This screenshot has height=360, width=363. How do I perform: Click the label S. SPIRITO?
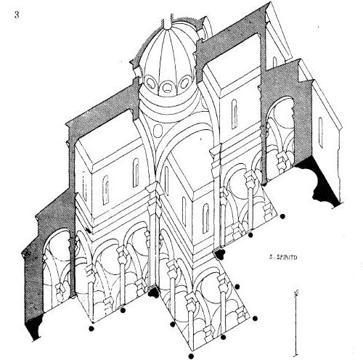(283, 258)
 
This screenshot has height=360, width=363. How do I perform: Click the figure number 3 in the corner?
(17, 15)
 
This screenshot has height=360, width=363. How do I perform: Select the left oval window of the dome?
(152, 83)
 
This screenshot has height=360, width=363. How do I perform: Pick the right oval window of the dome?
(184, 82)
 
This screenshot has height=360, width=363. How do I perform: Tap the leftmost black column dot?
(91, 328)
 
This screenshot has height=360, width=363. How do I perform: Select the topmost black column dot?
(282, 216)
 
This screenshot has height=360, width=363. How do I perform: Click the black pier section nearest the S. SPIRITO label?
(220, 254)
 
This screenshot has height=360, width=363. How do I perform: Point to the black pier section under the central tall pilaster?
(153, 292)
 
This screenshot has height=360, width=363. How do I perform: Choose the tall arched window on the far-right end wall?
(320, 133)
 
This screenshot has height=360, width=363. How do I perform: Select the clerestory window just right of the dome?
(234, 114)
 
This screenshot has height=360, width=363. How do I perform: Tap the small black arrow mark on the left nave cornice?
(89, 231)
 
